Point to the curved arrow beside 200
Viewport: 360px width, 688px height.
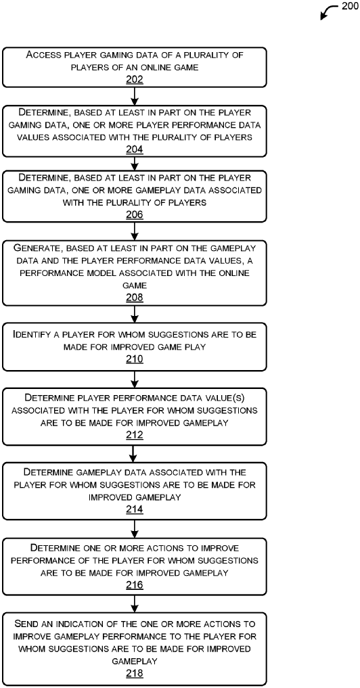328,12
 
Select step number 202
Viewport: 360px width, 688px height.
135,79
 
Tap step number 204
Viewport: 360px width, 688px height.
135,150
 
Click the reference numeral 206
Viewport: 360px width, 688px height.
135,214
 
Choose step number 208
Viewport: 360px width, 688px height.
135,298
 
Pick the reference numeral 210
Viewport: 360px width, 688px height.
135,359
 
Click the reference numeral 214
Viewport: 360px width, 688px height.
135,510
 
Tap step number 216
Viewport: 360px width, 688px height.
135,585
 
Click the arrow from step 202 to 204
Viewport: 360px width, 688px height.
135,96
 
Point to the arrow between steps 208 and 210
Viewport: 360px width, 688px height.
135,315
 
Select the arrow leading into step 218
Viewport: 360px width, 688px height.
135,603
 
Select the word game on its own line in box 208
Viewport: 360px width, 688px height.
135,285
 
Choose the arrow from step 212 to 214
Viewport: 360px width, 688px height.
135,454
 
